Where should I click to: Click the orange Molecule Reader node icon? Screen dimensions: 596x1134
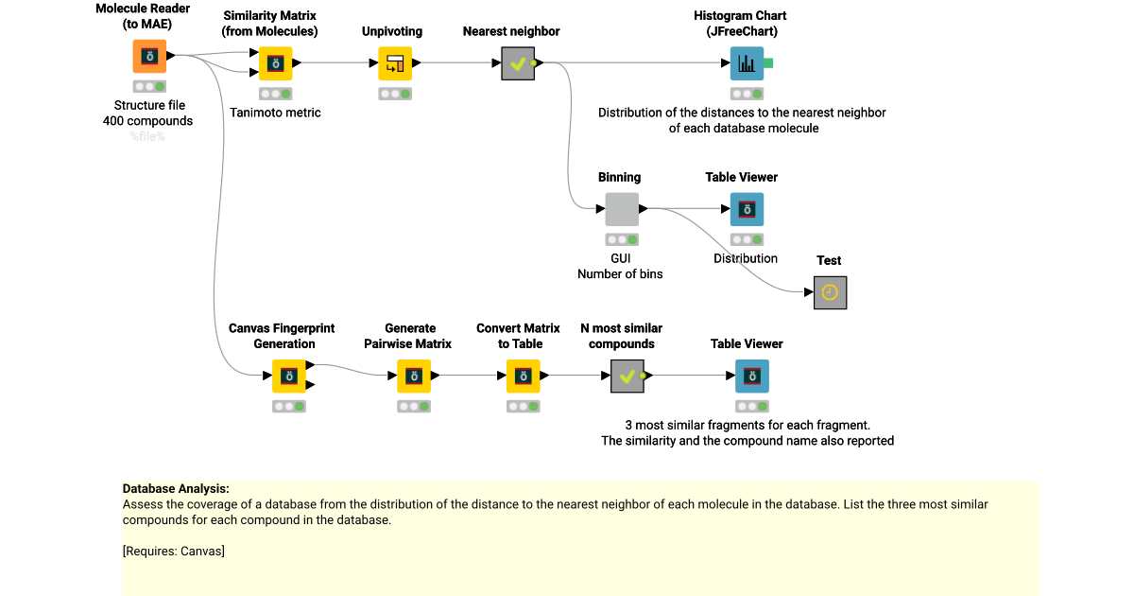coord(149,56)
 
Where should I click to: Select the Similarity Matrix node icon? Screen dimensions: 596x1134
coord(275,63)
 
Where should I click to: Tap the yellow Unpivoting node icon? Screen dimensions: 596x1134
coord(395,63)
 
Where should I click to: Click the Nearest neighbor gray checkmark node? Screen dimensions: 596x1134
coord(518,63)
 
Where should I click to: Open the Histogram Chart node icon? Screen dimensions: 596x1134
coord(747,63)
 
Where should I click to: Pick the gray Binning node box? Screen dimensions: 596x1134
coord(622,209)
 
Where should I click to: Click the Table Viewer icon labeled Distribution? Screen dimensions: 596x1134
coord(747,209)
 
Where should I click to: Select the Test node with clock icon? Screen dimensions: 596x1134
coord(830,292)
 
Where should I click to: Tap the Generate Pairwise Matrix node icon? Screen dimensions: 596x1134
coord(413,377)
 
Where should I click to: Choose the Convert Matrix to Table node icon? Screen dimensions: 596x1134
coord(523,377)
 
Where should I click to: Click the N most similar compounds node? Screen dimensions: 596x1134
coord(627,377)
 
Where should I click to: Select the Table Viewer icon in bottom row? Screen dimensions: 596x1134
coord(752,377)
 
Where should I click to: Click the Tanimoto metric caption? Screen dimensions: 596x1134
coord(275,113)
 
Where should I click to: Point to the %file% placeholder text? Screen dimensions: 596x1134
coord(147,136)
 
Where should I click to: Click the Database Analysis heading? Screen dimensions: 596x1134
coord(176,489)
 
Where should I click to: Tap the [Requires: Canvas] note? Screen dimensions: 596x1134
coord(174,551)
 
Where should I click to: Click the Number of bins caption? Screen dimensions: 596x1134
coord(620,273)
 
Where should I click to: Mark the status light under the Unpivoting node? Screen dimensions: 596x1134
coord(395,94)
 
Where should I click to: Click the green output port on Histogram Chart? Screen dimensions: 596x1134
coord(768,63)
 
